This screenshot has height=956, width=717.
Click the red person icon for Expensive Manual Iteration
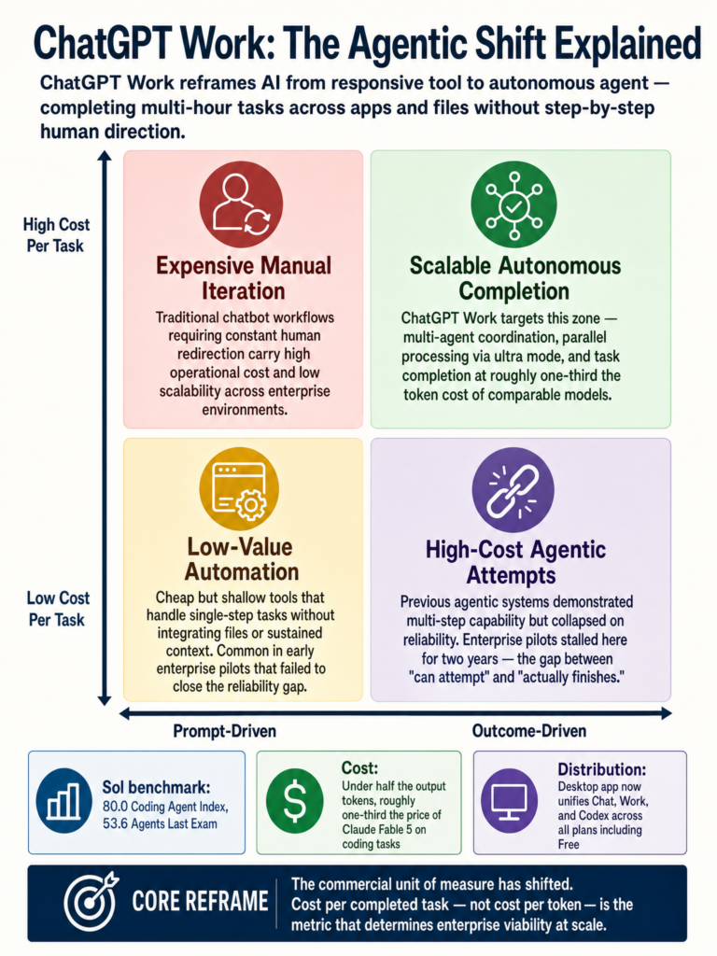(242, 204)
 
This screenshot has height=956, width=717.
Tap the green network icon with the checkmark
(514, 204)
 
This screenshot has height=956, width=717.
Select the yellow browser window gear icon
(239, 489)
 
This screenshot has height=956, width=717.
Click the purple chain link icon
(513, 491)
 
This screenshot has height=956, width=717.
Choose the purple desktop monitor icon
(509, 800)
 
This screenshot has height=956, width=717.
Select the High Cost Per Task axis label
(56, 235)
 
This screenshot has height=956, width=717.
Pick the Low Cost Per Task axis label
(57, 609)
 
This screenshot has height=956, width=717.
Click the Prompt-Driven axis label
(224, 731)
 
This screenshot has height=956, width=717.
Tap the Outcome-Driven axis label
(529, 731)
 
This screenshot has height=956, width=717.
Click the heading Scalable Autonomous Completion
(514, 278)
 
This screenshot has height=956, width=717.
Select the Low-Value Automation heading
(242, 559)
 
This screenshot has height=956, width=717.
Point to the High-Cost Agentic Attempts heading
(515, 562)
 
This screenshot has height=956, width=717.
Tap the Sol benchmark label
(156, 787)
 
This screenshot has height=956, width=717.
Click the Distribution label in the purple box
(602, 769)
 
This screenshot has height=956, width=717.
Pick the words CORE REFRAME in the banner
(200, 902)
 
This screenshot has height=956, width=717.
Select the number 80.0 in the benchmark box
(115, 807)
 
